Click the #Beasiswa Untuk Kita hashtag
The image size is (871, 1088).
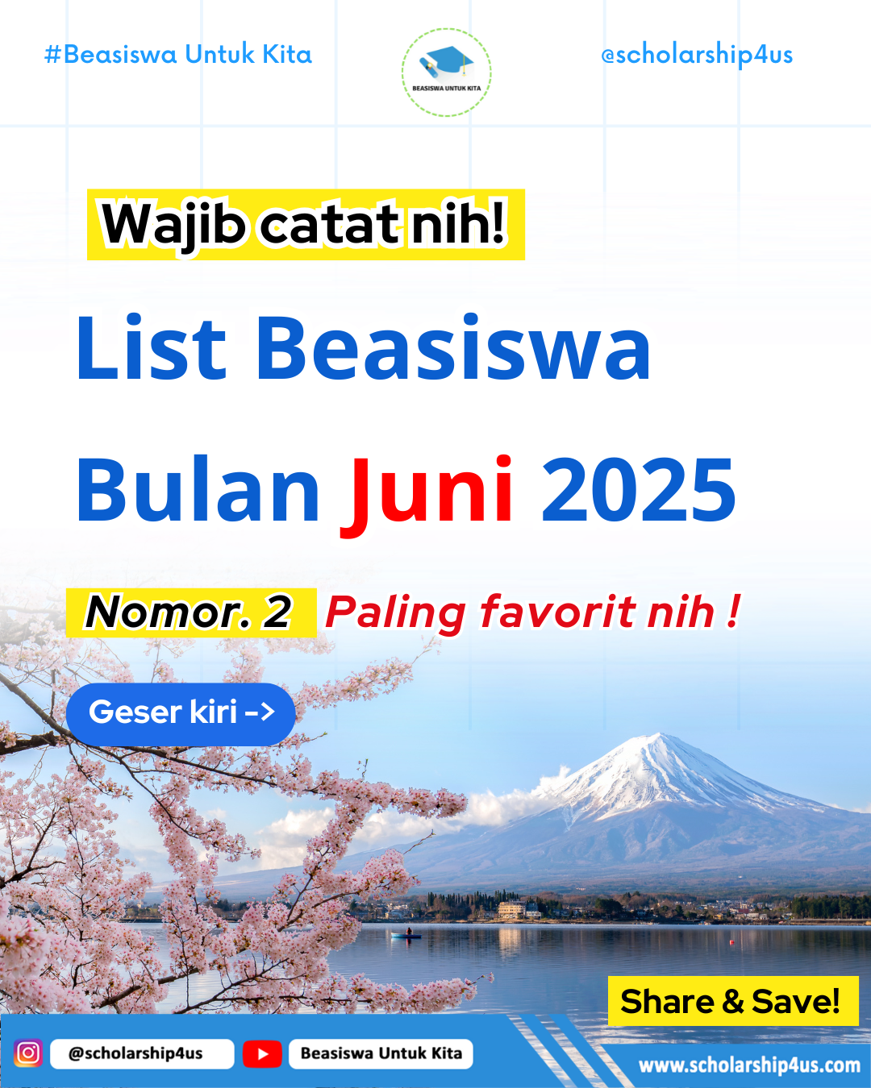coord(178,54)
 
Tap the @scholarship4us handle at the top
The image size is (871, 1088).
coord(696,55)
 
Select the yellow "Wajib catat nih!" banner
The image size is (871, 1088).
coord(306,225)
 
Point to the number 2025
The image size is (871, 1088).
coord(639,489)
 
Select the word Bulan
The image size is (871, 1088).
coord(198,488)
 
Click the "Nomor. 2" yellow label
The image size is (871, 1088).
coord(191,613)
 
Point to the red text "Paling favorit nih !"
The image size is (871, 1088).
coord(532,613)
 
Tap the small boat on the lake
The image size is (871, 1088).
coord(406,935)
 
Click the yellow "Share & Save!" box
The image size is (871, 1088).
coord(733,1001)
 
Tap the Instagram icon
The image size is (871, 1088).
coord(28,1053)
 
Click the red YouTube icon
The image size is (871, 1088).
coord(262,1053)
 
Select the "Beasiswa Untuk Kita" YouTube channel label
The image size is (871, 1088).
coord(381,1053)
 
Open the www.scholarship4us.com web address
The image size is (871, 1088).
coord(749,1065)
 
